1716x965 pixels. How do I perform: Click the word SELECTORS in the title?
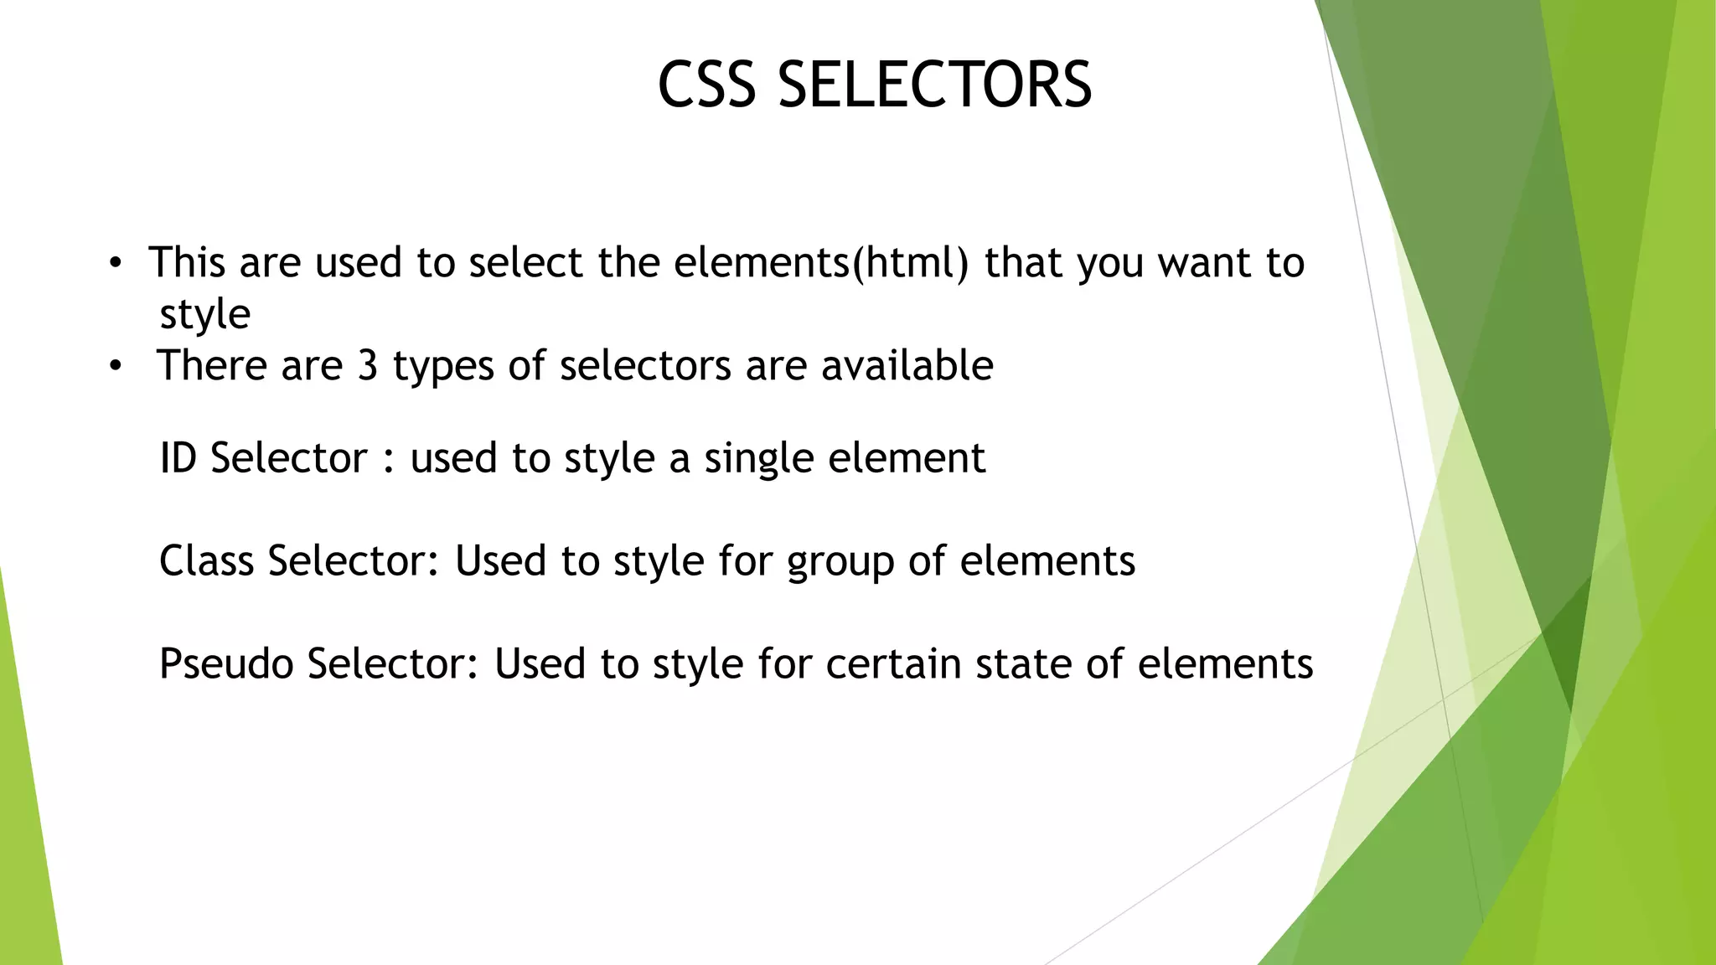pos(934,85)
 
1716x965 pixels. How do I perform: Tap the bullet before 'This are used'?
pos(116,265)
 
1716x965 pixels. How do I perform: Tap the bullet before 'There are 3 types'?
pos(116,367)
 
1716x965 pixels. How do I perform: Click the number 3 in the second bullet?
pos(368,366)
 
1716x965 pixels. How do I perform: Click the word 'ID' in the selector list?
pos(178,458)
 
